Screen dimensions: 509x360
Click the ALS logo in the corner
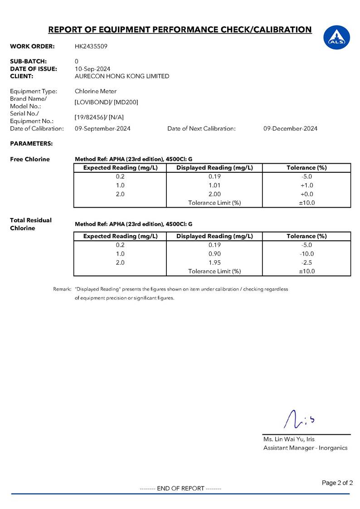point(336,37)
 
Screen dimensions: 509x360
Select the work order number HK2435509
point(91,46)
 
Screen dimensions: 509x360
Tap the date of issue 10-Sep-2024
point(92,69)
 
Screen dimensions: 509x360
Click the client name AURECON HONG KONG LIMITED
point(122,76)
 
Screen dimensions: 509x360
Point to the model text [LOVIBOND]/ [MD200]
point(106,102)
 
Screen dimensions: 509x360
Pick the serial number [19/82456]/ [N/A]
point(99,117)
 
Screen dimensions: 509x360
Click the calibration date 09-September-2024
point(102,129)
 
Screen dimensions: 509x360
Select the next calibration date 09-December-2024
point(290,129)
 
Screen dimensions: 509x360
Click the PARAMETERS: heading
point(31,144)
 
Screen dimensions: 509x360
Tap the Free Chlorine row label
point(30,160)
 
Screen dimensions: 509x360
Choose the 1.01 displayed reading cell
point(214,185)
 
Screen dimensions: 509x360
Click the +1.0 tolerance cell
point(306,185)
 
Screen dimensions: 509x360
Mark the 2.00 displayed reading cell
point(214,194)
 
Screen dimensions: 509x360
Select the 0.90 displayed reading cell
point(214,254)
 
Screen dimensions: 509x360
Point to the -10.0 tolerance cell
point(306,254)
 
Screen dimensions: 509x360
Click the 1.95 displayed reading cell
point(214,262)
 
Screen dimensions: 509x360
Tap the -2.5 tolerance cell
point(306,262)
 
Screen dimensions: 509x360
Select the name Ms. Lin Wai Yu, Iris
point(289,439)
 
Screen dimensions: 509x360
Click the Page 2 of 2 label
point(337,483)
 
